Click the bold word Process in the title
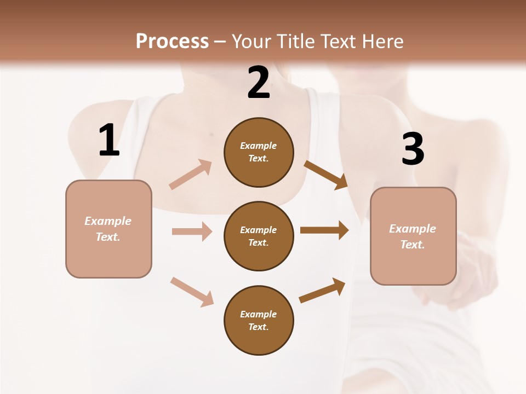coord(172,42)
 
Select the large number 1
coord(109,141)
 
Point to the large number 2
coord(259,83)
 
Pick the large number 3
coord(413,149)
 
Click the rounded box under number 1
coord(108,229)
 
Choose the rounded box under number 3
coord(413,236)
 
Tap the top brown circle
coord(259,152)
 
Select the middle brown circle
coord(259,236)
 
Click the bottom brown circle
coord(259,320)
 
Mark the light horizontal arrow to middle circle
coord(192,231)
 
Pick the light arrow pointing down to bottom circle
coord(192,292)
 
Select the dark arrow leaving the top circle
coord(327,175)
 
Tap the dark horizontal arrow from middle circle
coord(324,230)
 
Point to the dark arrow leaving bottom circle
coord(323,290)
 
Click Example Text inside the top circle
coord(259,152)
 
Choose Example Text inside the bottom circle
coord(259,320)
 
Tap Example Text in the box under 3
coord(413,236)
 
